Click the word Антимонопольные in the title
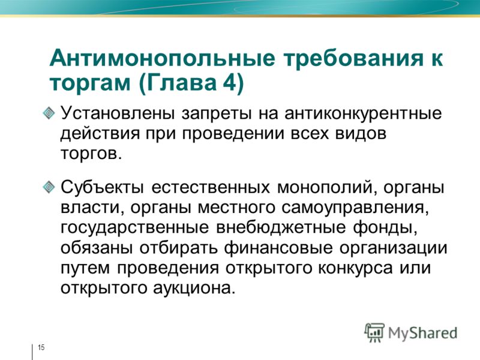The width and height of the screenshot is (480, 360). [x=162, y=58]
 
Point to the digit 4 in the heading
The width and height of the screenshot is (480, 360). [x=229, y=82]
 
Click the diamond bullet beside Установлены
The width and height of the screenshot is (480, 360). [x=49, y=113]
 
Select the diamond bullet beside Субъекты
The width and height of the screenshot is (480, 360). [x=49, y=187]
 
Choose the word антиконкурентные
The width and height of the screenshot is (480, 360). [x=363, y=113]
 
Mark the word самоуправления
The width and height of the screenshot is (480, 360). [x=355, y=208]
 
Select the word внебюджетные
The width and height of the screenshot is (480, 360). [x=281, y=227]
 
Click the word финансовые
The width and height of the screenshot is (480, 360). [x=278, y=248]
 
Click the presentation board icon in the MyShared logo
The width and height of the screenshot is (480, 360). [x=374, y=332]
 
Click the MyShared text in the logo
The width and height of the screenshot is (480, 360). [x=423, y=334]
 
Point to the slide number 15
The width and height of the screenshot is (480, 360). [x=41, y=347]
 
